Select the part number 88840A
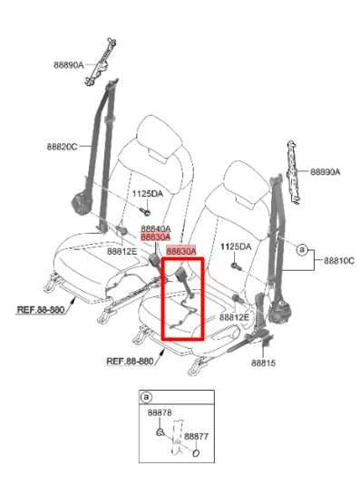[x=155, y=228]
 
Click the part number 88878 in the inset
[x=160, y=412]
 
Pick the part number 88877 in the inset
[x=196, y=436]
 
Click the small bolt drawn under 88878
[x=160, y=430]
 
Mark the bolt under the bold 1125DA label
[x=234, y=266]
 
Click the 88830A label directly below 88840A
[x=155, y=237]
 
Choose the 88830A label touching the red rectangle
[x=180, y=251]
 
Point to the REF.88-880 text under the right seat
[x=131, y=360]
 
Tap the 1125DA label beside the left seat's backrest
[x=146, y=194]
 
